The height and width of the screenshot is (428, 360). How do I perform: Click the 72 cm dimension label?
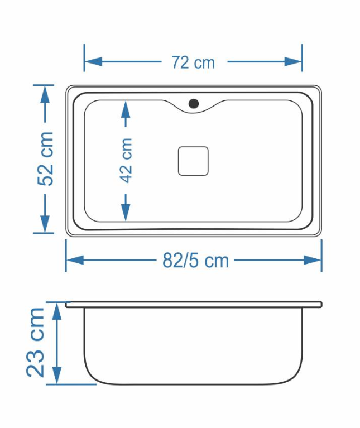tap(193, 62)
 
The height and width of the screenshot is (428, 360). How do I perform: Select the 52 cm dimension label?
tap(45, 159)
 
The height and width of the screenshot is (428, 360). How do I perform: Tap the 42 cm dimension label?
tap(126, 160)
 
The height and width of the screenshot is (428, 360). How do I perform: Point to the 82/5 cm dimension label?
tap(195, 261)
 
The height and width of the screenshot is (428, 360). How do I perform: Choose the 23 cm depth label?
tap(36, 343)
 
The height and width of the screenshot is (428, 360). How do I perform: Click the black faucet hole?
tap(194, 103)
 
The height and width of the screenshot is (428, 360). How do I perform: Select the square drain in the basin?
tap(193, 161)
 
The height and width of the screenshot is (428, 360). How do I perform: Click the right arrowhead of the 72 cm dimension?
tap(292, 62)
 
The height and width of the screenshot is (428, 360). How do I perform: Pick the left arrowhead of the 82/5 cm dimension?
tap(75, 260)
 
